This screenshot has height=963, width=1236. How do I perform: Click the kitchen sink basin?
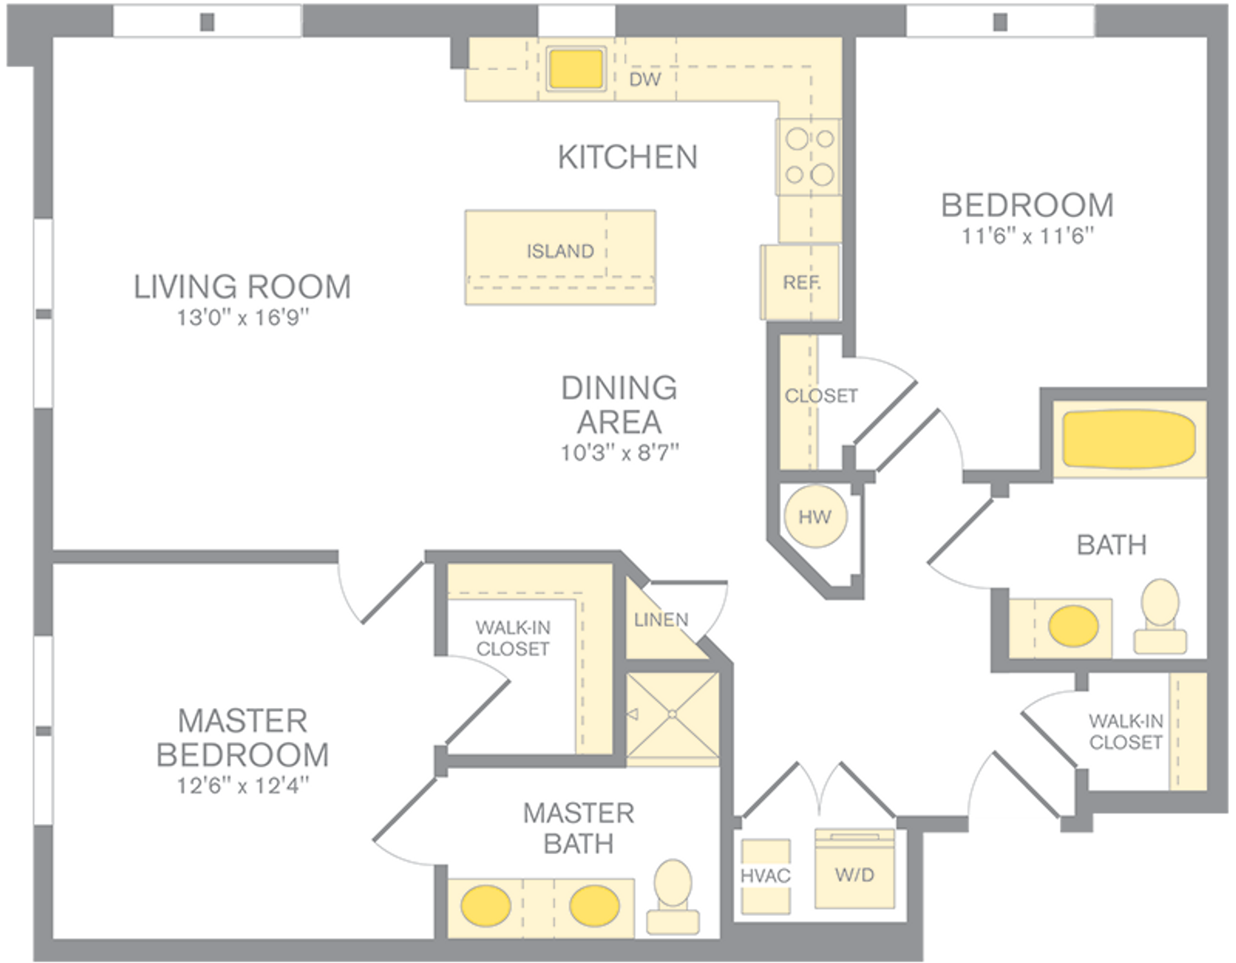click(576, 68)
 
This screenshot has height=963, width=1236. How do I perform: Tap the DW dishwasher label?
click(645, 79)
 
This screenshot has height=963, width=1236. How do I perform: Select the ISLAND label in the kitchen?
click(560, 251)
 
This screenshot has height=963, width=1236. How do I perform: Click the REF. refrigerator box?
click(801, 282)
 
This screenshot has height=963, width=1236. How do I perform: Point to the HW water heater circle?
click(815, 517)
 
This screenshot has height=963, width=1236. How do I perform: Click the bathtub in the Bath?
click(1128, 439)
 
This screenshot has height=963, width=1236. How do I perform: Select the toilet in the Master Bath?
click(673, 897)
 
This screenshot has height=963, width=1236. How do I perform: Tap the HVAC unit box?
click(765, 876)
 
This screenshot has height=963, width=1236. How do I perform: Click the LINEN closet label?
click(661, 620)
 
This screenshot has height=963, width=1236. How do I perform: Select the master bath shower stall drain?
click(672, 714)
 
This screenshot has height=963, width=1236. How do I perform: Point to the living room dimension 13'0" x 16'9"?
click(243, 318)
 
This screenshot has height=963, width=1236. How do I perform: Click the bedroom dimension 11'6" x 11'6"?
click(1028, 236)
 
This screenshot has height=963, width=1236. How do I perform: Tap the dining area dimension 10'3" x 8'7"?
click(619, 453)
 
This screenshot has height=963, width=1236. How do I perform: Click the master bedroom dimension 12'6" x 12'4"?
click(243, 786)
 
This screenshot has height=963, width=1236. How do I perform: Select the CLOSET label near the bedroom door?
click(821, 396)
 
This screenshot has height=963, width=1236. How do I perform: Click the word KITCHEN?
click(628, 157)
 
